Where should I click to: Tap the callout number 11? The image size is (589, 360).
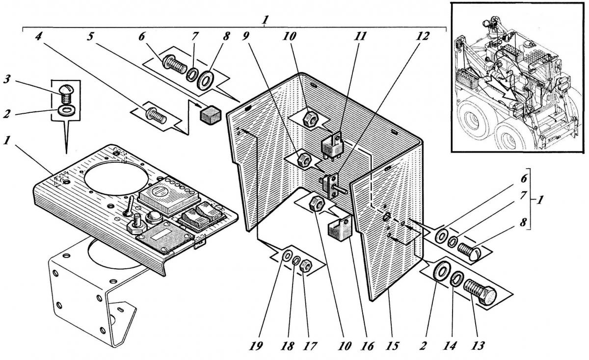point(360,36)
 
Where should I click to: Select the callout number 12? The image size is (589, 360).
point(422,36)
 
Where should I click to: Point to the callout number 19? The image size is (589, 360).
point(256,346)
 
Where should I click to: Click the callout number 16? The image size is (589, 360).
point(368,346)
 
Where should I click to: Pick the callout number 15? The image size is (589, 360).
point(392,346)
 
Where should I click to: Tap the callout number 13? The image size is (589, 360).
point(478,346)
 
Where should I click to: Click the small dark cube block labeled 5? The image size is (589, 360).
point(211,115)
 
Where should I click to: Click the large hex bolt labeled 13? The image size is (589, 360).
point(480,292)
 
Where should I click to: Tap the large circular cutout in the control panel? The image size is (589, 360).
point(116,178)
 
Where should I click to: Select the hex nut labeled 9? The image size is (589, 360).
point(304,159)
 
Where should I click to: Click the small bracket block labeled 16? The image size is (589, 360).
point(340,227)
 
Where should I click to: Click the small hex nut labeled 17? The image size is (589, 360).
point(306,266)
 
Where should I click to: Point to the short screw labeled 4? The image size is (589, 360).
point(156,116)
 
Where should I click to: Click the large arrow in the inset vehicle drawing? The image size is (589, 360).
point(503,91)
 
